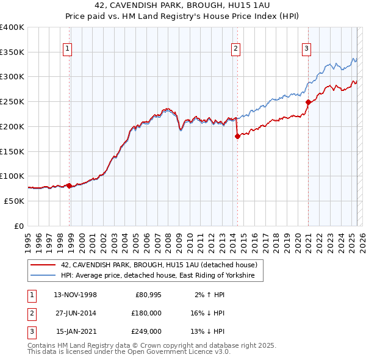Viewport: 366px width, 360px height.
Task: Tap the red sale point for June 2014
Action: point(237,137)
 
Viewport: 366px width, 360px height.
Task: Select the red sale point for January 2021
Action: point(309,103)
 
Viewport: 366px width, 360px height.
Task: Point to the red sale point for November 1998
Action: point(70,185)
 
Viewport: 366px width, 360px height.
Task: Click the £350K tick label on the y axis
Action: point(12,52)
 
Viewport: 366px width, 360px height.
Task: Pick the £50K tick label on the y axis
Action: point(14,201)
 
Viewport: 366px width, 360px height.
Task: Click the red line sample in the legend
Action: point(43,265)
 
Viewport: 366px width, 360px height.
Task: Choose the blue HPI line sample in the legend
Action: point(43,276)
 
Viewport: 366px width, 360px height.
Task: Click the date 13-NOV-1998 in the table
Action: point(76,295)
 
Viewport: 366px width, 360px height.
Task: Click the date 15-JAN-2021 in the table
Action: point(76,331)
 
